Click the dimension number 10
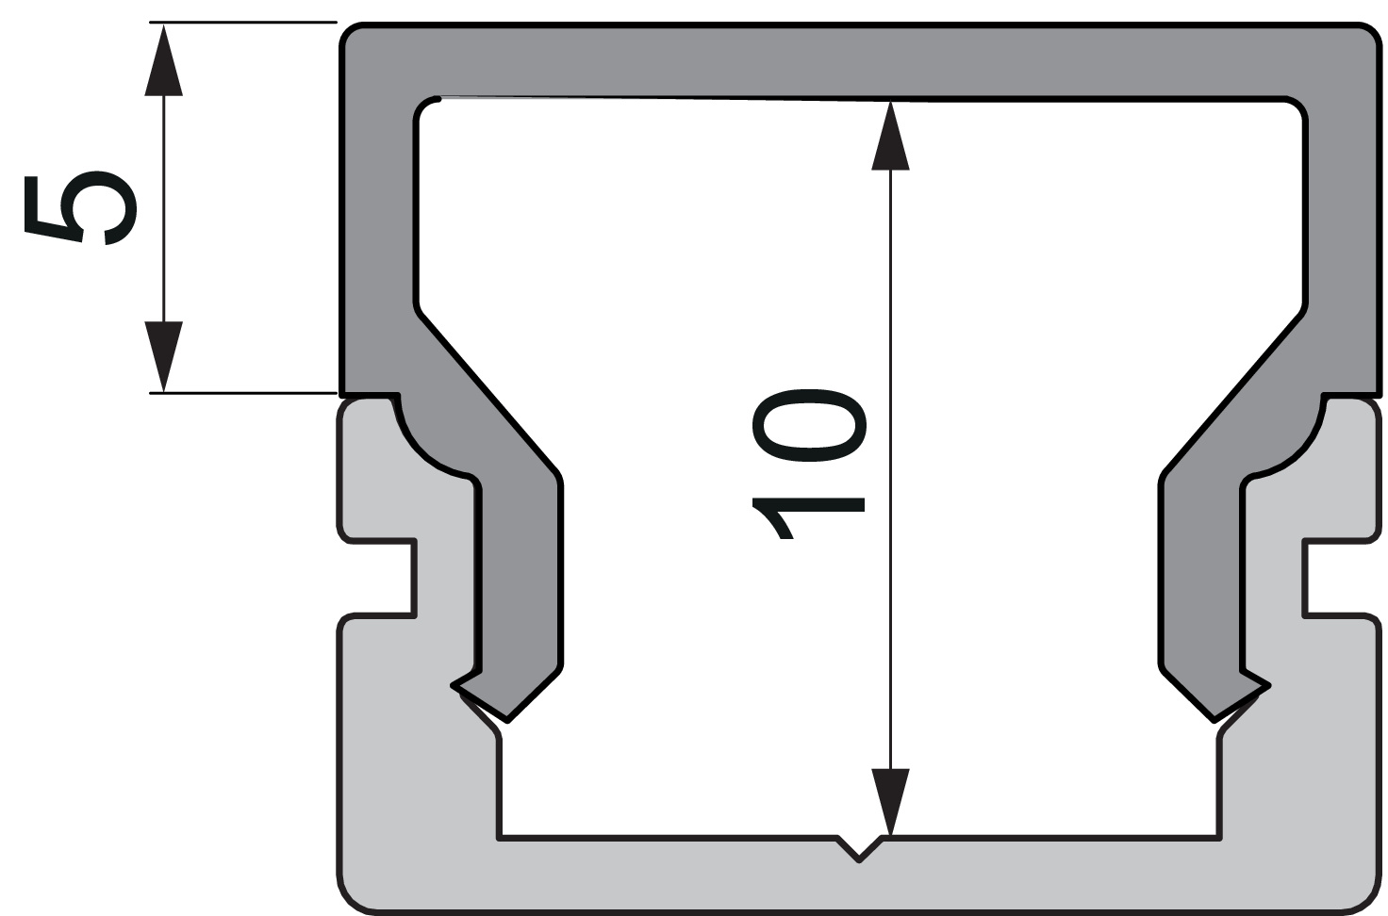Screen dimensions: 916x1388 coord(808,462)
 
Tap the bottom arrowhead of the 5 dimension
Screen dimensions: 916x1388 coord(163,356)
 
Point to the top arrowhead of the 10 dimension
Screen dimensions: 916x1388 coord(890,137)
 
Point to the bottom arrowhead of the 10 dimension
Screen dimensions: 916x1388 coord(890,801)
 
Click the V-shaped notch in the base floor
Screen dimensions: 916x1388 coord(859,848)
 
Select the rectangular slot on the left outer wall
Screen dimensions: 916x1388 coord(382,578)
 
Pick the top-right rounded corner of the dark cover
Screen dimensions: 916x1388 coord(1367,38)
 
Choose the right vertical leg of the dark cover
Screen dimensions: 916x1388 coord(1199,584)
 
